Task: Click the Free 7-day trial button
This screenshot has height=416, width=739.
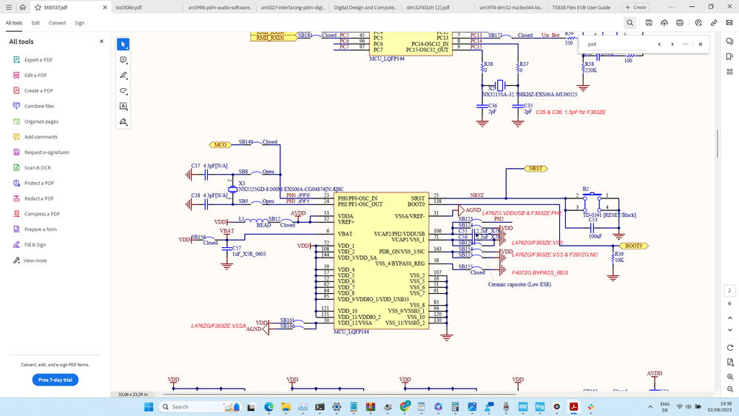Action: [55, 380]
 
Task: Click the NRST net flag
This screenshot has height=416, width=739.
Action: [535, 169]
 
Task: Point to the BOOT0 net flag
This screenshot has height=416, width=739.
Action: [633, 246]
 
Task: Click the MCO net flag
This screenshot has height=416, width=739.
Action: [220, 145]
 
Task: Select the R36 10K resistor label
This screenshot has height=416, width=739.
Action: [618, 257]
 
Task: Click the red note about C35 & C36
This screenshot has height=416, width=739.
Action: [570, 112]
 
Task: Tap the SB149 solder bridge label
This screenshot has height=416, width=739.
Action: [246, 141]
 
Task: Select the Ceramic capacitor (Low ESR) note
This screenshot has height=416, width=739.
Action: [519, 284]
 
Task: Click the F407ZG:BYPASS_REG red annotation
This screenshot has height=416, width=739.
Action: [540, 272]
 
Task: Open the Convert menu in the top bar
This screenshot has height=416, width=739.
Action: [57, 23]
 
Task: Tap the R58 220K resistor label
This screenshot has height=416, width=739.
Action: [590, 67]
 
